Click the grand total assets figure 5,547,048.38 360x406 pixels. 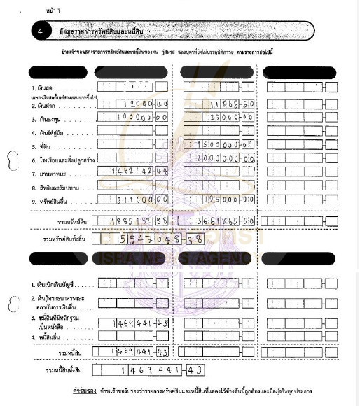(158, 239)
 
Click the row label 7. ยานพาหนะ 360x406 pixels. (47, 172)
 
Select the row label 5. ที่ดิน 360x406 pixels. (41, 146)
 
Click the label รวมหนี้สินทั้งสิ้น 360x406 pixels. (63, 369)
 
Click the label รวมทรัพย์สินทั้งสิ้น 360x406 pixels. (67, 239)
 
